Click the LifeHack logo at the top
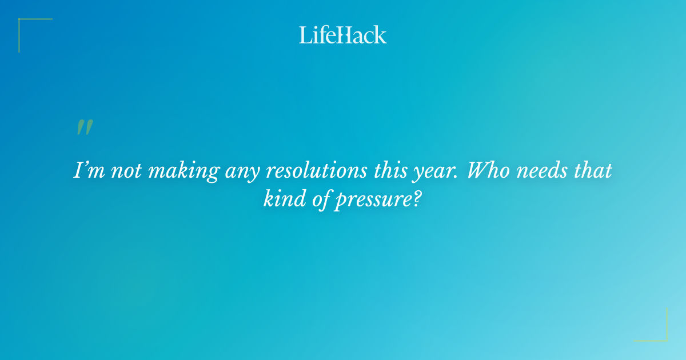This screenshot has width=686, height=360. click(x=343, y=35)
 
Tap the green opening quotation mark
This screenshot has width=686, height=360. click(x=84, y=127)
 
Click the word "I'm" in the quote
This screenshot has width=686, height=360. click(x=87, y=171)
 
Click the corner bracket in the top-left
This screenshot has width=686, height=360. click(x=23, y=23)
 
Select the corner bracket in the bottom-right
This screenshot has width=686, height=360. click(x=663, y=337)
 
